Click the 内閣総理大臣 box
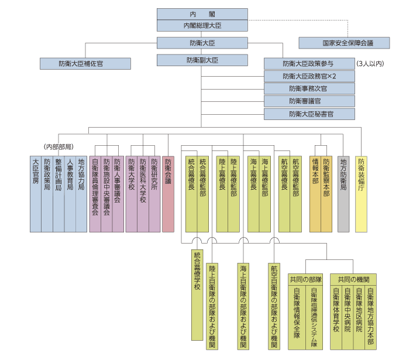[x=202, y=26]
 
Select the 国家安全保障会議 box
[x=344, y=43]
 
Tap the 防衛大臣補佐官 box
[x=85, y=64]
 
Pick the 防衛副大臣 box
[x=202, y=60]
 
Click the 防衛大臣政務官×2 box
[x=309, y=77]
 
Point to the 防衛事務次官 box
[x=309, y=88]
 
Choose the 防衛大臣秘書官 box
[x=309, y=114]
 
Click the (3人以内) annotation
[x=370, y=64]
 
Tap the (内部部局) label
[x=59, y=147]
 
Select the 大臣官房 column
[x=36, y=194]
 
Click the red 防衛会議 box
[x=168, y=194]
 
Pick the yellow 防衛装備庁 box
[x=361, y=194]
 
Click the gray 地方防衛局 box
[x=343, y=194]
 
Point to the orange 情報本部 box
[x=315, y=194]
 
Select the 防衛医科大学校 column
[x=143, y=194]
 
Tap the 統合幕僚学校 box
[x=197, y=295]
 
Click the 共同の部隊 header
[x=305, y=280]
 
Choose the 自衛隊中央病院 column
[x=347, y=318]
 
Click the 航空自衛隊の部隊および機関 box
[x=274, y=307]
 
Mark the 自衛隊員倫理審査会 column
[x=95, y=194]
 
